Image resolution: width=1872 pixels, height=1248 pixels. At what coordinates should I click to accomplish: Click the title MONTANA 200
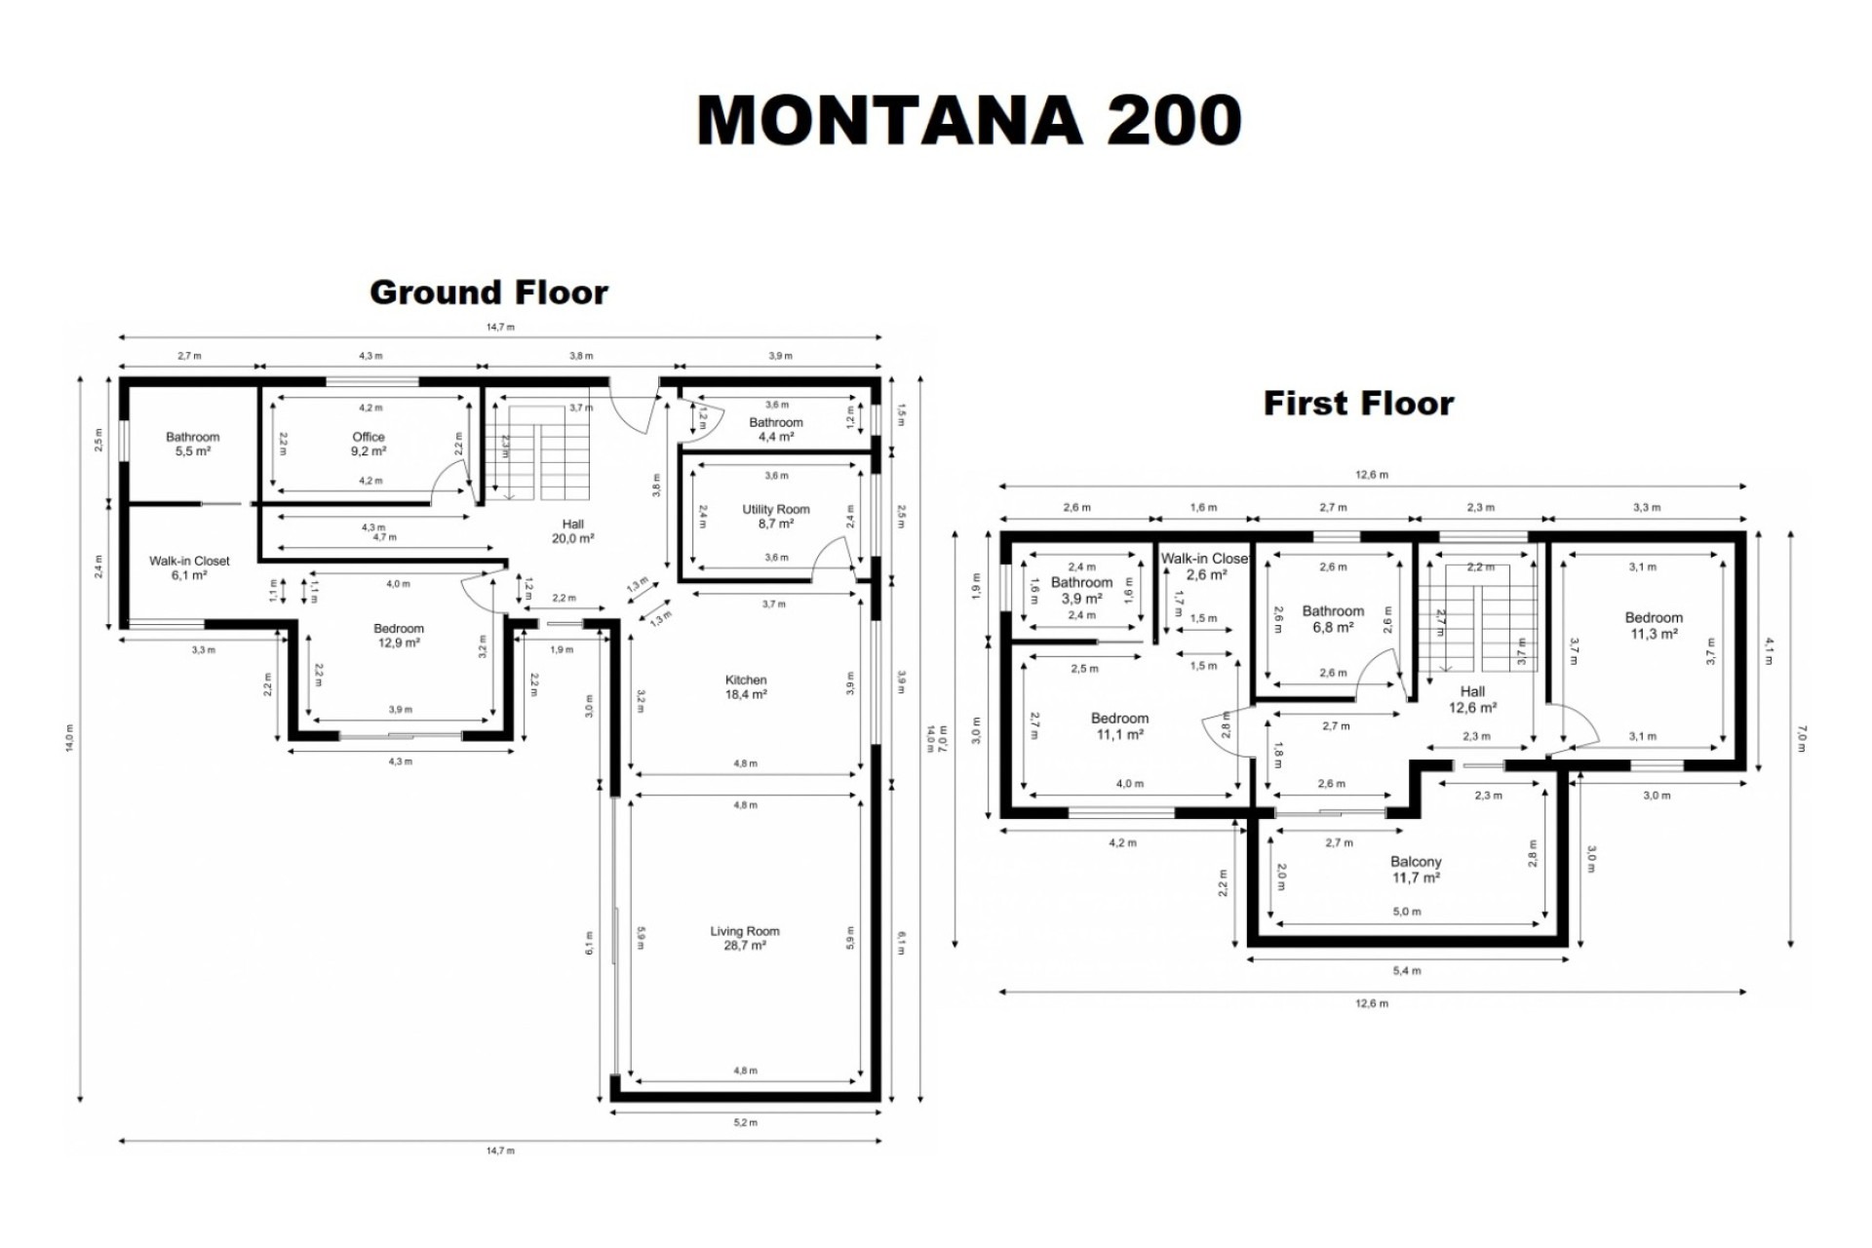[x=968, y=121]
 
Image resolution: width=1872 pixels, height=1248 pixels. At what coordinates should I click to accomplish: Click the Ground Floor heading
[x=488, y=292]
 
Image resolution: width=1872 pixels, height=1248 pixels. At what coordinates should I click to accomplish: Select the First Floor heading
[x=1358, y=403]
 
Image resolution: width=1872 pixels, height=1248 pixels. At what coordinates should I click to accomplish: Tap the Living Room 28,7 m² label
[x=744, y=938]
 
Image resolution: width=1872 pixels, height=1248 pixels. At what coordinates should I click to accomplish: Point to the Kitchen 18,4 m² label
[x=746, y=687]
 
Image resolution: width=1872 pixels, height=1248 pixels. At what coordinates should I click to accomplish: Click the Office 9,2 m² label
[x=369, y=445]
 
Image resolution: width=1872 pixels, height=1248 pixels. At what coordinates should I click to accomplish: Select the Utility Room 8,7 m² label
[x=775, y=516]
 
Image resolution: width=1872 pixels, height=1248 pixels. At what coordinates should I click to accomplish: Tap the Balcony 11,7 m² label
[x=1415, y=870]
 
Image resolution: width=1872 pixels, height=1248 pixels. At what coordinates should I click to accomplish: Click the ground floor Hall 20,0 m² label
[x=572, y=531]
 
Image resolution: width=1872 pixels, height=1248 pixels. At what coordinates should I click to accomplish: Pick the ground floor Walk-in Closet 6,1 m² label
[x=189, y=567]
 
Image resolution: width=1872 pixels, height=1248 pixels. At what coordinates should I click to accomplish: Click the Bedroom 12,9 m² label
[x=398, y=636]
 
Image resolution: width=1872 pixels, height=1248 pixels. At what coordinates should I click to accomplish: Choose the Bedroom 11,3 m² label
[x=1653, y=625]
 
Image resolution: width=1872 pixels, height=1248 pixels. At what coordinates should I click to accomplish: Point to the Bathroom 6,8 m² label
[x=1332, y=619]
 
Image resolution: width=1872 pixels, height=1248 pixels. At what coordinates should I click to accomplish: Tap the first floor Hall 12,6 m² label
[x=1472, y=699]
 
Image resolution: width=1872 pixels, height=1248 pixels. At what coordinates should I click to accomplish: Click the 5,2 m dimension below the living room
[x=745, y=1122]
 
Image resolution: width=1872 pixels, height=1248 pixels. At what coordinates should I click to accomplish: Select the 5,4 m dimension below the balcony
[x=1407, y=970]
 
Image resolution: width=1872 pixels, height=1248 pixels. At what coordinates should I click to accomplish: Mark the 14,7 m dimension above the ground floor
[x=500, y=327]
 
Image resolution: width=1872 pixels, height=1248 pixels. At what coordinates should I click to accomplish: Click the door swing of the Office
[x=450, y=479]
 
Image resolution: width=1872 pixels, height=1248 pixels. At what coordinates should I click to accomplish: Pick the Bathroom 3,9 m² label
[x=1081, y=591]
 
